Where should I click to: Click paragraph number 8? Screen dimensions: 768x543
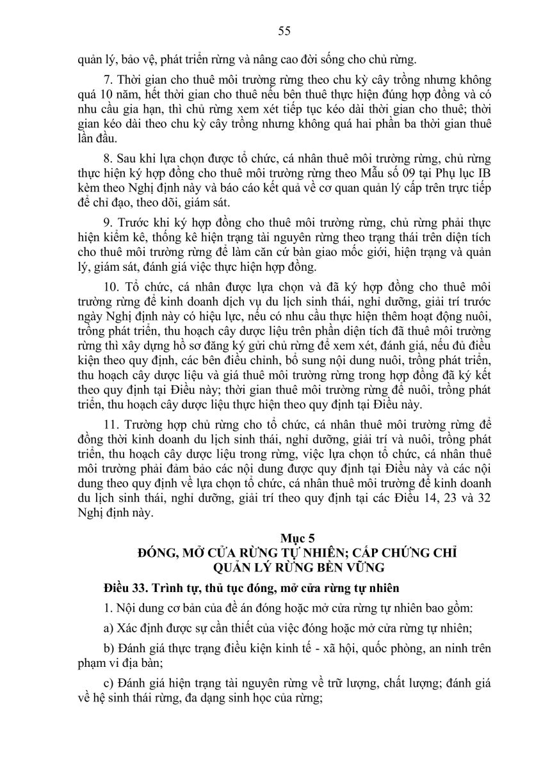[107, 159]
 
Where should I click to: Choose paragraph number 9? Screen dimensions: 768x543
[107, 222]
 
